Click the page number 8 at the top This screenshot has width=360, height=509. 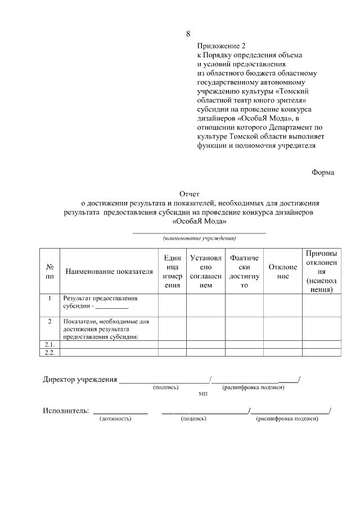(188, 34)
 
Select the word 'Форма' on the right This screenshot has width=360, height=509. (323, 173)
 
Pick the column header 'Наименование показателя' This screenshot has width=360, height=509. (109, 272)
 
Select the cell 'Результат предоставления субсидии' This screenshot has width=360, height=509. (101, 302)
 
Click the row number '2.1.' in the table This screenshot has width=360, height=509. (49, 344)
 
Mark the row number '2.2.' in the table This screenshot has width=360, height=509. (49, 352)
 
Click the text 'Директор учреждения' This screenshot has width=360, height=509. (80, 379)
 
